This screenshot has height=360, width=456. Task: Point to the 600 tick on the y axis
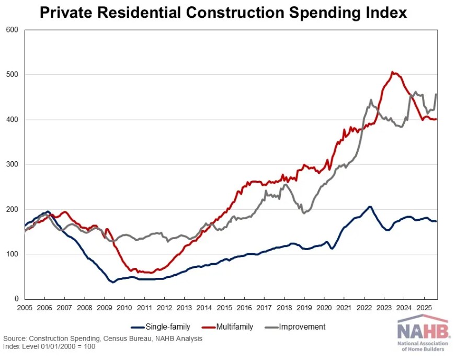coord(12,30)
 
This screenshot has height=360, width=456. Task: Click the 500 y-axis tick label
coord(12,75)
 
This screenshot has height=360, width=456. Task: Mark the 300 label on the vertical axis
coord(12,165)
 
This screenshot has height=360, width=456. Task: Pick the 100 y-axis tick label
coord(12,254)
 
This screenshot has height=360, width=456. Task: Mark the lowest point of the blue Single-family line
coord(112,282)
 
